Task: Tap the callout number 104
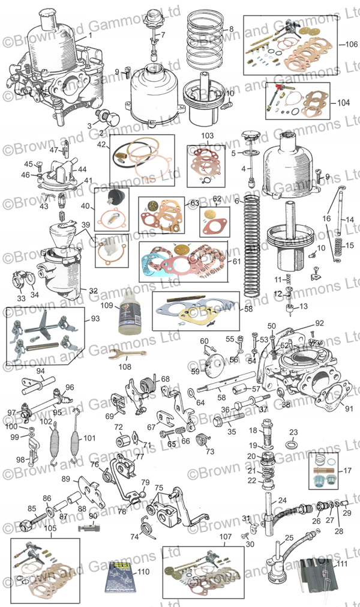pos(343,103)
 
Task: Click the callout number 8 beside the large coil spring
pos(231,28)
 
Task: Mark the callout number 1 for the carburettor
pos(90,35)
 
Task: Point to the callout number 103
pos(207,136)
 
